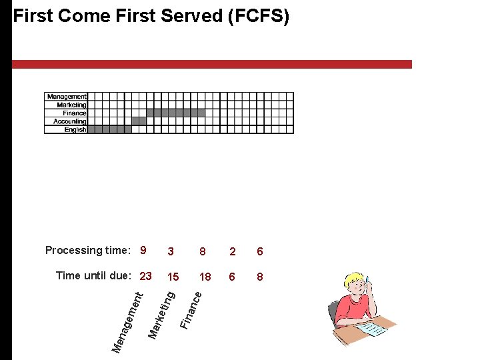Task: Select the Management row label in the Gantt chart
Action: pos(66,97)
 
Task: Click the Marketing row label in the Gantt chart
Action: pos(71,105)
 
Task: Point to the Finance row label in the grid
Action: pos(75,113)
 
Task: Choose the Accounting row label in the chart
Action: pos(69,121)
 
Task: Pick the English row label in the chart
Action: pos(75,129)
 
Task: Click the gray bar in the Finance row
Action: pos(175,113)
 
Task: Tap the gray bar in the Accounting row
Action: pos(139,121)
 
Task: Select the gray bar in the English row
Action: pos(109,129)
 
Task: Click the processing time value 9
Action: pos(143,251)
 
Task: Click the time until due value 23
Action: pos(146,276)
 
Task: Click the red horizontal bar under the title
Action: pos(212,64)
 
